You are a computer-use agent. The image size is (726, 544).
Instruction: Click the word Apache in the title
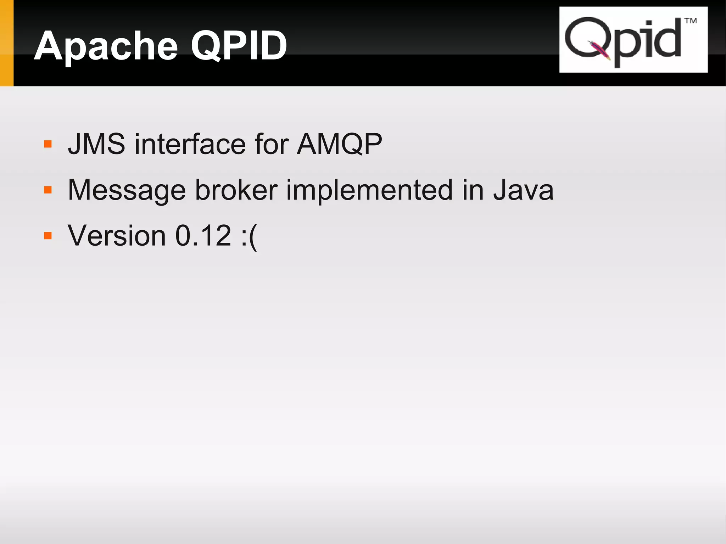[x=106, y=46]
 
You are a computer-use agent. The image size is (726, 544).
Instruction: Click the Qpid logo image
[x=633, y=40]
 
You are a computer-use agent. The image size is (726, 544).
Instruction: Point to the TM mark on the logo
[x=690, y=21]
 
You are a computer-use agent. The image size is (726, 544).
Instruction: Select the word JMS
[x=96, y=144]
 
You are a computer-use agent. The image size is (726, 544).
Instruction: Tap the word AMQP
[x=339, y=145]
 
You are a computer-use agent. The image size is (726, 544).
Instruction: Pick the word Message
[x=127, y=191]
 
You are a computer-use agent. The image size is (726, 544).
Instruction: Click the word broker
[x=236, y=190]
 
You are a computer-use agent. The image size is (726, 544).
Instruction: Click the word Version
[x=117, y=236]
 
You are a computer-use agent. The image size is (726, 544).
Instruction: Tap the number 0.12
[x=203, y=236]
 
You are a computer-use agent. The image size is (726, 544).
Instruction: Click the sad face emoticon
[x=248, y=237]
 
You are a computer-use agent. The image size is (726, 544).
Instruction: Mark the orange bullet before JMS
[x=48, y=144]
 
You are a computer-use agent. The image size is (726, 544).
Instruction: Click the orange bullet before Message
[x=48, y=190]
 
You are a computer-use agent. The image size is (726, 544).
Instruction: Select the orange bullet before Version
[x=48, y=236]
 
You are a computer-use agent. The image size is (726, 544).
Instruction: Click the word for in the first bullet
[x=272, y=144]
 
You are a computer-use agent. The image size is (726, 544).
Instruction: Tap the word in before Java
[x=473, y=190]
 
